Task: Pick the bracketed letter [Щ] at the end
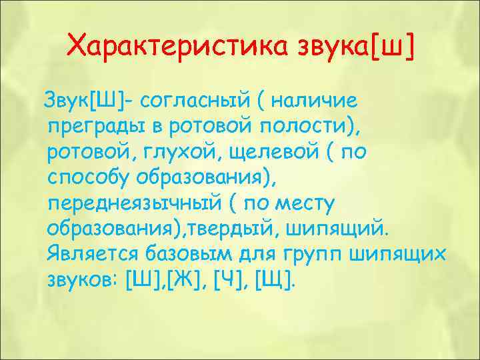(x=274, y=279)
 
